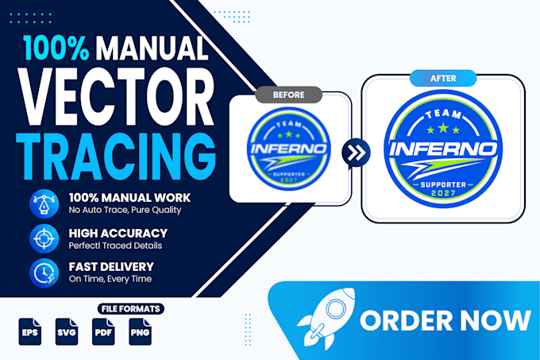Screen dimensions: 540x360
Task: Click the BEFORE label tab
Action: tap(288, 95)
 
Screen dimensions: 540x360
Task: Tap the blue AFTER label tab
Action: tap(443, 78)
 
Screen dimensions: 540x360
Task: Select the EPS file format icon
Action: tap(30, 331)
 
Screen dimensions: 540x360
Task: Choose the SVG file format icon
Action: tap(67, 331)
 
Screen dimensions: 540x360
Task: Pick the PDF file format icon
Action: tap(103, 331)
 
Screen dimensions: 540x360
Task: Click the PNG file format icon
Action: tap(141, 331)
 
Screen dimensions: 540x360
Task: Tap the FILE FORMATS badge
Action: tap(130, 308)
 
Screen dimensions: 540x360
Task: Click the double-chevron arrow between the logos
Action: tap(356, 153)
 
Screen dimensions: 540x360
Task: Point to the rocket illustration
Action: tap(326, 319)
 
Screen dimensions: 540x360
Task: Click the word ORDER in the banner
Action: tap(406, 320)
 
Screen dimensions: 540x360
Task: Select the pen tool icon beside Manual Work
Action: tap(44, 203)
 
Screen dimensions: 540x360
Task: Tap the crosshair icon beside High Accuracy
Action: tap(44, 238)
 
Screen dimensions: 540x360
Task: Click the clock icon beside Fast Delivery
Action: tap(44, 273)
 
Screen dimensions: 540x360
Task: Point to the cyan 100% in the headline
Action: tap(56, 48)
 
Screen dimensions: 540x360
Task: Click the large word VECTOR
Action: tap(117, 97)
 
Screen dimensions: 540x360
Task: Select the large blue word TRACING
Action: tap(117, 157)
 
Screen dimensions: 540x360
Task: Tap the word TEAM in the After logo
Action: tap(443, 114)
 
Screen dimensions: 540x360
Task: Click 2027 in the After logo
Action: tap(443, 193)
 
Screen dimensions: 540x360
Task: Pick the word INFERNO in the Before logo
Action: tap(288, 149)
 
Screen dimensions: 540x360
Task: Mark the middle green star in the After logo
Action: tap(443, 128)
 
